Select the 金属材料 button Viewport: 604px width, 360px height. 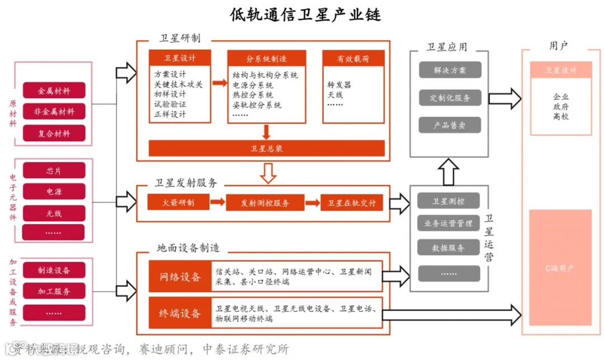[x=54, y=91]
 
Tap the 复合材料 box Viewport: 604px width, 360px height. [x=54, y=133]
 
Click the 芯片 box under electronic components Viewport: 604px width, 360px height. [x=54, y=170]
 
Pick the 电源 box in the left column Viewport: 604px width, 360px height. [x=54, y=192]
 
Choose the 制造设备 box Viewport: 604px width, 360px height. [x=54, y=270]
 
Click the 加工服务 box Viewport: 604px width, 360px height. [x=54, y=291]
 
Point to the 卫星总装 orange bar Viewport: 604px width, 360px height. [x=266, y=148]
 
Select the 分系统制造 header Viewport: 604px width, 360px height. [x=266, y=58]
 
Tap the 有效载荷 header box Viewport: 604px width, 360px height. [x=353, y=58]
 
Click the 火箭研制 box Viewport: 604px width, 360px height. [x=178, y=202]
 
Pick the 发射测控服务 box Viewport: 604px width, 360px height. [x=265, y=202]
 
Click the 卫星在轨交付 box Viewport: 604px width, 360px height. [x=352, y=202]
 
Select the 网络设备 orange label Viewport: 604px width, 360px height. [x=180, y=276]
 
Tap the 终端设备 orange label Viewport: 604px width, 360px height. [x=180, y=314]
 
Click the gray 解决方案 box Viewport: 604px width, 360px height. [x=450, y=70]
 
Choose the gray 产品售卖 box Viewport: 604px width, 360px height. [x=450, y=125]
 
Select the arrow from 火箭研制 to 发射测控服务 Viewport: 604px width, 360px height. [x=217, y=202]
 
